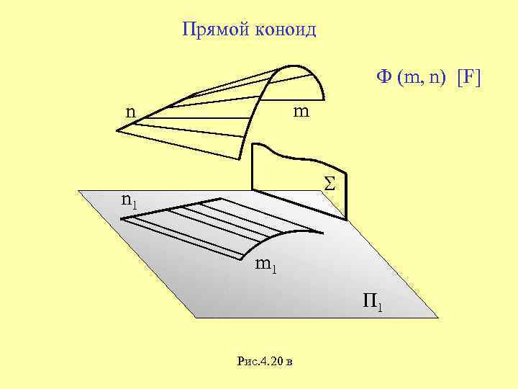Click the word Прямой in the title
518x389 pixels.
coord(212,30)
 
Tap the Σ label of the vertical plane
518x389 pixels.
coord(330,184)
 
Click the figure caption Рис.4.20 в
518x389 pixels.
coord(265,360)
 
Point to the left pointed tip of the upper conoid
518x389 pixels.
coord(117,130)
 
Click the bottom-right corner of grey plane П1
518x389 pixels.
coord(437,316)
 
